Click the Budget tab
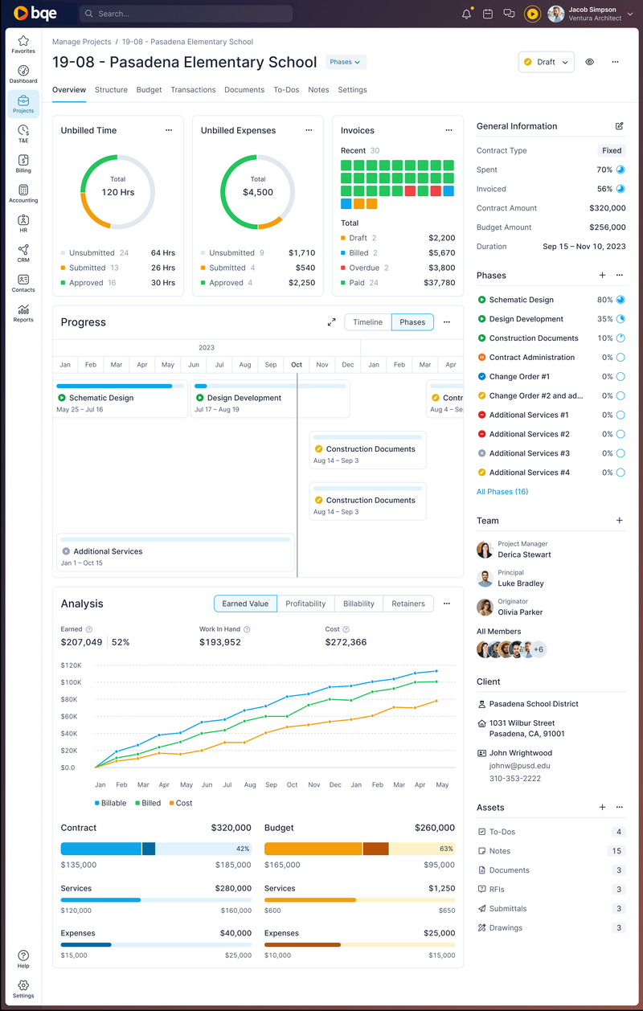tap(149, 90)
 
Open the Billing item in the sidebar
tap(23, 163)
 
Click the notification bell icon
tap(466, 14)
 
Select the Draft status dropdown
tap(547, 62)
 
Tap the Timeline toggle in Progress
tap(367, 322)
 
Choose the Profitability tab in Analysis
tap(305, 604)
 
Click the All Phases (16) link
tap(502, 492)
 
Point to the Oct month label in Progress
tap(297, 365)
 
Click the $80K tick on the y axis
tap(70, 699)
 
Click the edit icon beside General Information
tap(619, 126)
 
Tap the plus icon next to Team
tap(619, 521)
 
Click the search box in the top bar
tap(185, 14)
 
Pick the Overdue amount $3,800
tap(441, 268)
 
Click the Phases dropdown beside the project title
tap(346, 62)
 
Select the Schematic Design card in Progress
tap(121, 399)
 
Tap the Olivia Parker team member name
tap(520, 612)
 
